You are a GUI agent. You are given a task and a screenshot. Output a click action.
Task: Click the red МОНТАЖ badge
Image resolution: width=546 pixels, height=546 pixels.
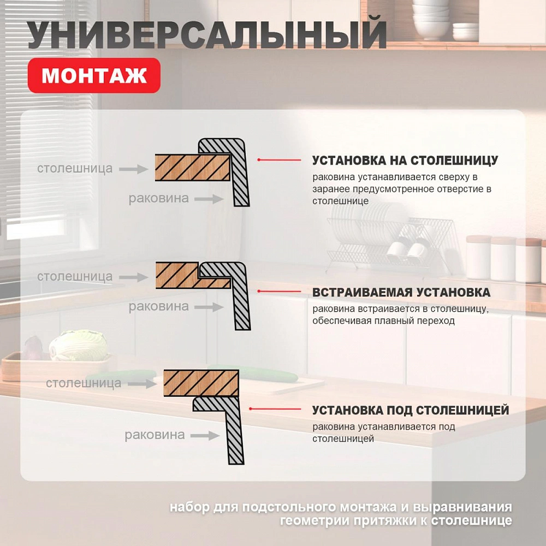point(94,75)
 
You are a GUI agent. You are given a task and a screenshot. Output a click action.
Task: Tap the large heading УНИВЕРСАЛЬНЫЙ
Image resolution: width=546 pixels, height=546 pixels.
point(207,35)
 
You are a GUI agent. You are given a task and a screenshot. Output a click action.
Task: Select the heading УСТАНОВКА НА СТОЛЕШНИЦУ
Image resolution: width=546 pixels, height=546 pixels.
point(405,161)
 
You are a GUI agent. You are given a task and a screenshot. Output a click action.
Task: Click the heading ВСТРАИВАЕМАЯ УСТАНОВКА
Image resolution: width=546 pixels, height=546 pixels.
point(401,292)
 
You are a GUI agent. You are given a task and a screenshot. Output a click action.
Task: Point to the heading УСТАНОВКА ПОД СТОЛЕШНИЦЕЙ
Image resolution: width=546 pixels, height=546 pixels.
point(411,410)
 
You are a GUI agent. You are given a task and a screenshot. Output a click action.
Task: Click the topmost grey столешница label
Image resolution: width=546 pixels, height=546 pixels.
point(75,168)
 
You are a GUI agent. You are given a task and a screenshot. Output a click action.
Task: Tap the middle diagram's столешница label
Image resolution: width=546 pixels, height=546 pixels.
point(75,277)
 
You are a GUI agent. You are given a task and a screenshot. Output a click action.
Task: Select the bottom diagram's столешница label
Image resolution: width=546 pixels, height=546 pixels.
point(84,383)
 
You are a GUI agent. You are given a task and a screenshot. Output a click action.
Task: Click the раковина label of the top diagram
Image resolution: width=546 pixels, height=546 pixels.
point(158,198)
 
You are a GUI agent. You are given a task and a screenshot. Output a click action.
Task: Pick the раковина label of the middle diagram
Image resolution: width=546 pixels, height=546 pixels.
point(158,307)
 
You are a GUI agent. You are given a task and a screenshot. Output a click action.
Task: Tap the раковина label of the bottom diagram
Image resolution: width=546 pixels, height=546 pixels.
point(155,435)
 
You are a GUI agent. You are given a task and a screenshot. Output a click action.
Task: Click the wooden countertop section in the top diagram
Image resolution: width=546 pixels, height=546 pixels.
point(191,167)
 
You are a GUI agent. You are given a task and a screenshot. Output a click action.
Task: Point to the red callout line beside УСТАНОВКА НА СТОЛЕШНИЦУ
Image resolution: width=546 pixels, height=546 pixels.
point(279,160)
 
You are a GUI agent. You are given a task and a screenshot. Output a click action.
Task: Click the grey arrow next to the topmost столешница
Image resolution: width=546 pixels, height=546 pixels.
point(134,169)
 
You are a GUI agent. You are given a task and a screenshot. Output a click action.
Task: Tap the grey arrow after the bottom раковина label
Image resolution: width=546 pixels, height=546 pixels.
point(206,436)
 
